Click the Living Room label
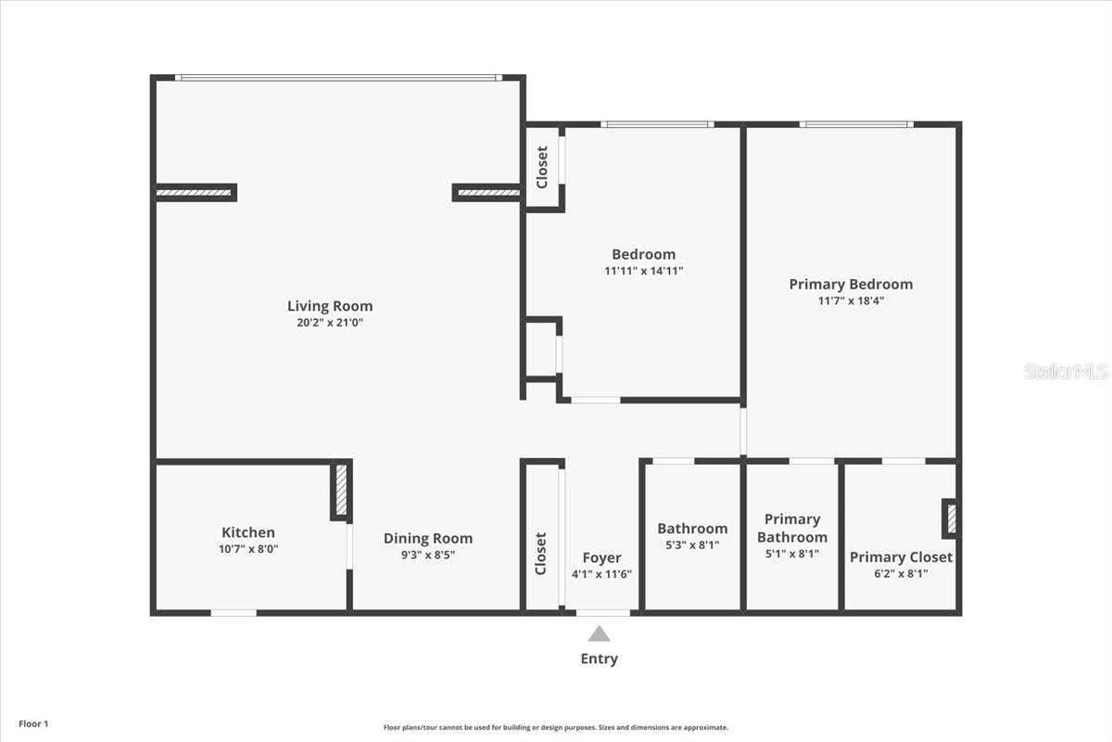tap(329, 306)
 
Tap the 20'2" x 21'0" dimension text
tap(329, 323)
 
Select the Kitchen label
tap(247, 532)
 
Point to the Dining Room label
tap(427, 538)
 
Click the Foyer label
tap(601, 557)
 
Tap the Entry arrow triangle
tap(600, 634)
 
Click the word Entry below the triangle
tap(600, 659)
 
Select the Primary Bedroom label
tap(850, 284)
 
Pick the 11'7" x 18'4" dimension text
tap(850, 301)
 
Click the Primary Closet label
tap(901, 556)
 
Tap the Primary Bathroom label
tap(791, 528)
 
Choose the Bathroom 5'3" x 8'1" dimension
tap(692, 545)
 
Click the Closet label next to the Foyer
tap(541, 553)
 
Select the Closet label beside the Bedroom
tap(543, 166)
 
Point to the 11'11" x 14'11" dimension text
tap(643, 271)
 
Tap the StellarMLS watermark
tap(1065, 371)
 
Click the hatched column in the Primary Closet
tap(951, 518)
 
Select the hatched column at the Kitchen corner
tap(340, 491)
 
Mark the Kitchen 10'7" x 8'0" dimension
tap(247, 549)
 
